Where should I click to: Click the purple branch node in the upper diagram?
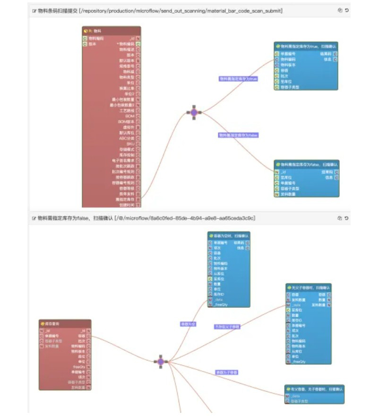coord(194,112)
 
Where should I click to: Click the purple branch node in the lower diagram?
coord(161,361)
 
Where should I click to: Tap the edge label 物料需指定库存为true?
coord(239,79)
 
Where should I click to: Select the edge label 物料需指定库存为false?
coord(238,135)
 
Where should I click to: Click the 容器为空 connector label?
coord(188,324)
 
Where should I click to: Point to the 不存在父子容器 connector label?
coord(227,327)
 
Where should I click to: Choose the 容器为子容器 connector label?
coord(227,372)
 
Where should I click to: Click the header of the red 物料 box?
coord(112,31)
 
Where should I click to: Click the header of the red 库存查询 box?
coord(65,324)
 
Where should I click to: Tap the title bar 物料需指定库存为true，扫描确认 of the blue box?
coord(306,46)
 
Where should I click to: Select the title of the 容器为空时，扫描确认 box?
coord(229,235)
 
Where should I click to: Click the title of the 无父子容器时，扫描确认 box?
coord(308,287)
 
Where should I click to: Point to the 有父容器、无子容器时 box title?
coord(314,389)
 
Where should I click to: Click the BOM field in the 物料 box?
coord(130,116)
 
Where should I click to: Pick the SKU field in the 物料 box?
coord(130,143)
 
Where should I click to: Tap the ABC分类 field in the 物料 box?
coord(127,138)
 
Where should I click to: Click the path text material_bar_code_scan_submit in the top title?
coord(244,10)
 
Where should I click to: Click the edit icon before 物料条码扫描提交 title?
coord(34,10)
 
